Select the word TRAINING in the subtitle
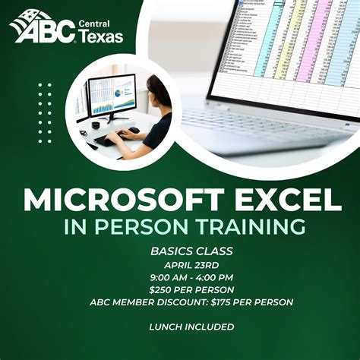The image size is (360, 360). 250,226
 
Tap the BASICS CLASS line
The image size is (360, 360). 180,251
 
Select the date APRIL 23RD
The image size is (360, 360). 180,264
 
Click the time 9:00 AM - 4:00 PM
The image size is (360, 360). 180,277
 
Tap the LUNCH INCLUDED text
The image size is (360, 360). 180,327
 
